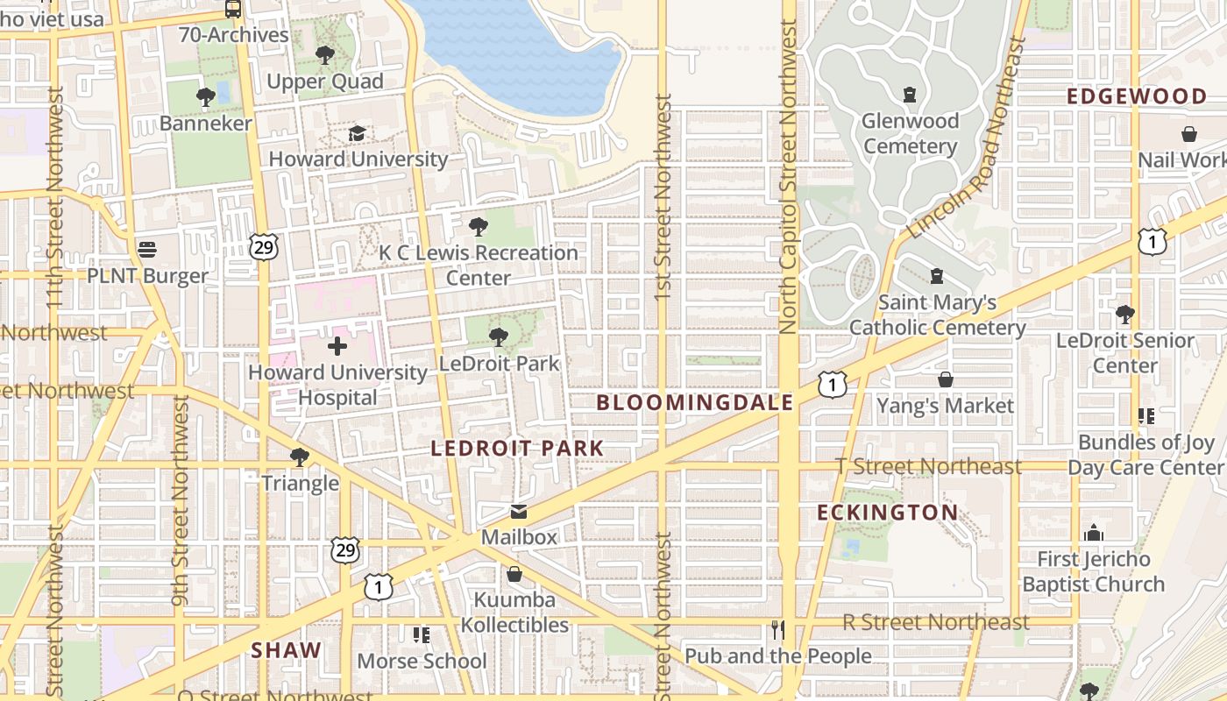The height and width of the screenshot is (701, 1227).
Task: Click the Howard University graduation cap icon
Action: (x=357, y=133)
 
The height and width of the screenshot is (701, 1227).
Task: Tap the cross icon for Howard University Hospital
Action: (x=337, y=346)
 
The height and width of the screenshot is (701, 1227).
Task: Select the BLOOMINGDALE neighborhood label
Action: (x=695, y=403)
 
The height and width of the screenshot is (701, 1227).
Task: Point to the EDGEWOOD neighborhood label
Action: (x=1137, y=96)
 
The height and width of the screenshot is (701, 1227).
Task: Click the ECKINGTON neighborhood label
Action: (x=888, y=513)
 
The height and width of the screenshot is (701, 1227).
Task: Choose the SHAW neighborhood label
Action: (x=286, y=650)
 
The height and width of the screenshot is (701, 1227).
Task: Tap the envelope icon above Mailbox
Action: (x=519, y=512)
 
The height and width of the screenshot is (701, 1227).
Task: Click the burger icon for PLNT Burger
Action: (x=147, y=250)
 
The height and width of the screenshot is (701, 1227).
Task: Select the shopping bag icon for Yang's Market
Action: (x=946, y=379)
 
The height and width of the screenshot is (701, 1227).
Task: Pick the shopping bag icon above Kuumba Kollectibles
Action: (x=514, y=574)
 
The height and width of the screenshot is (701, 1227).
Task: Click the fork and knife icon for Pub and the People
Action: (x=777, y=630)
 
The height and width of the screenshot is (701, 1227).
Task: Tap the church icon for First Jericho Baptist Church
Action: (x=1094, y=533)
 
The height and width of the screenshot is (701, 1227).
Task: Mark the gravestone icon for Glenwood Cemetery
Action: (x=910, y=94)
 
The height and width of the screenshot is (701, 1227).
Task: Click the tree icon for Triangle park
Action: (x=300, y=457)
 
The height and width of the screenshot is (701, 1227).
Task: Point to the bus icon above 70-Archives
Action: (x=233, y=10)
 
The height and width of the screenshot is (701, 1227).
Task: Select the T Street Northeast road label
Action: (x=928, y=466)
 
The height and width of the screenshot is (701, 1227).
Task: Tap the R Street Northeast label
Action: (x=935, y=622)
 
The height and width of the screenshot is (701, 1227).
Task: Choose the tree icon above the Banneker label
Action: (x=206, y=97)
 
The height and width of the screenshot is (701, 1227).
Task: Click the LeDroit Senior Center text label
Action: (x=1125, y=352)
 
